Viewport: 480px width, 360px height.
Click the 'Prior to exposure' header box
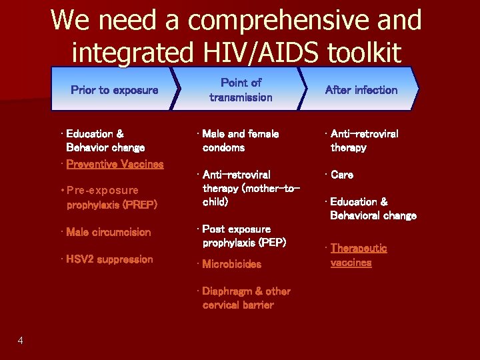(x=115, y=89)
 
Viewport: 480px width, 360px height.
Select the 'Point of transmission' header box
(x=241, y=89)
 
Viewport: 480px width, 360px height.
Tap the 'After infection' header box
(x=361, y=89)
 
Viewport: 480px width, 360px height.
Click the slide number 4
(x=21, y=341)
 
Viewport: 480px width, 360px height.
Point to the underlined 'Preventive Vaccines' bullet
(x=115, y=163)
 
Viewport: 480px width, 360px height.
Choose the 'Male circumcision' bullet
(x=109, y=232)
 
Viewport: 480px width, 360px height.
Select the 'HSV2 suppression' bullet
(x=109, y=259)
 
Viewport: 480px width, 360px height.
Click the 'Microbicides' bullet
(x=232, y=264)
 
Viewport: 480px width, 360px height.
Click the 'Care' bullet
(x=342, y=175)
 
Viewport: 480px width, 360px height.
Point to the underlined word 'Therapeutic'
(x=359, y=248)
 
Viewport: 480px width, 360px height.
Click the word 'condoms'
(x=223, y=147)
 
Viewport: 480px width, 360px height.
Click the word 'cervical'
(x=223, y=305)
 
